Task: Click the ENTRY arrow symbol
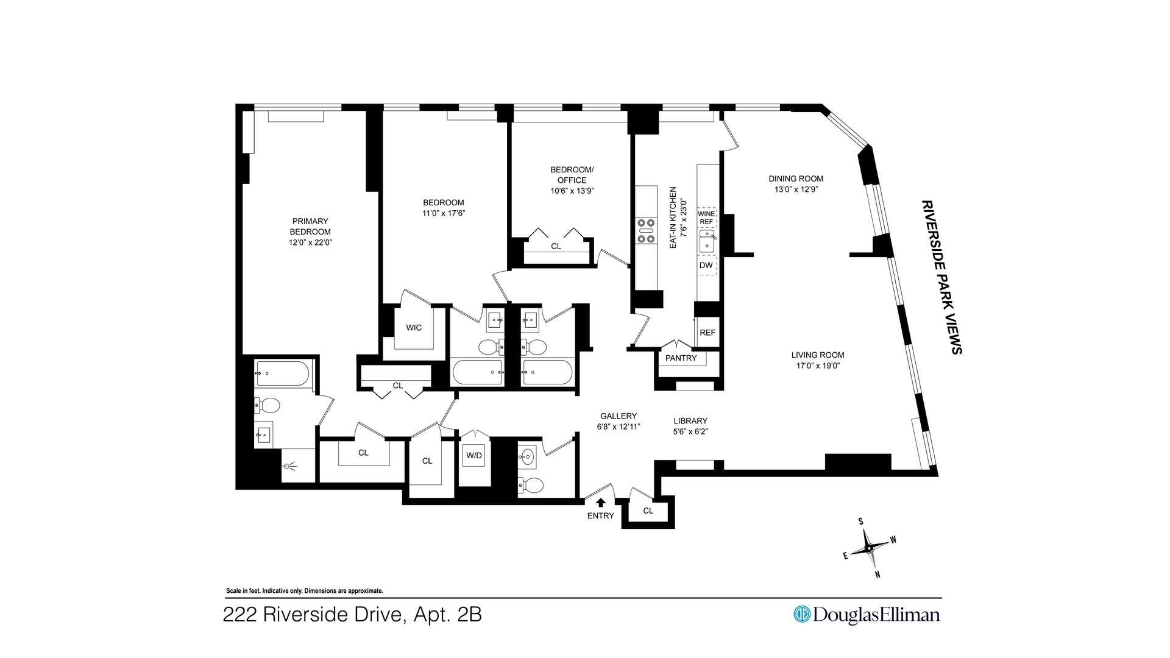(601, 503)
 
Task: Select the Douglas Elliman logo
(866, 614)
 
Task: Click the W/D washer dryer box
(474, 456)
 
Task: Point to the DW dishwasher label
(706, 266)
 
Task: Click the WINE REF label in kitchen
(706, 218)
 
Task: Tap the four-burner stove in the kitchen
(646, 231)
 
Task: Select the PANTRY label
(681, 358)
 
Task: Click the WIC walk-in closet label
(414, 328)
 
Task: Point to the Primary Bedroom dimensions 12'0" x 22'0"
(310, 242)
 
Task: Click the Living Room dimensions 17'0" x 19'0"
(818, 366)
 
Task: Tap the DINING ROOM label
(796, 179)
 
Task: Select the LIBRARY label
(690, 421)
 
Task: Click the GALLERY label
(617, 416)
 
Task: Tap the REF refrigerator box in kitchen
(707, 333)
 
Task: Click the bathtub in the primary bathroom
(282, 373)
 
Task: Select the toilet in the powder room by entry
(533, 485)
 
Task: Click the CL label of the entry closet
(648, 511)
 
